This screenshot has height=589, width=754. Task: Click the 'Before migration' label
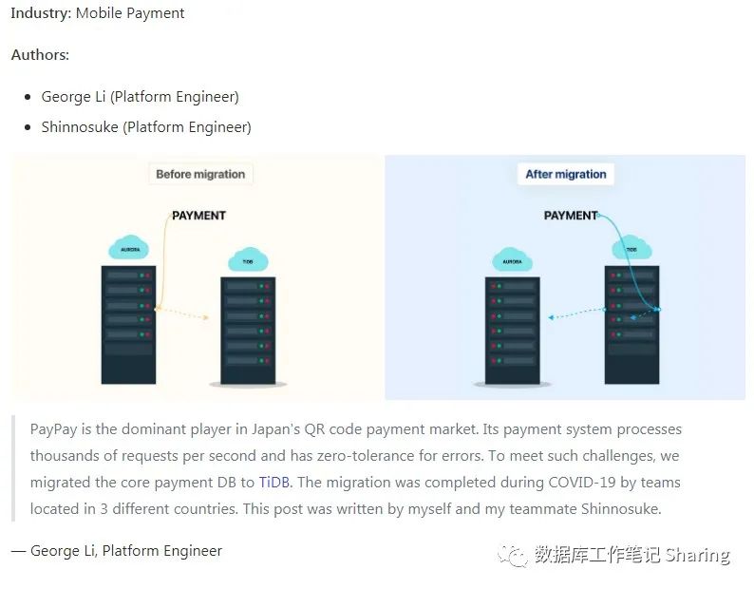(200, 174)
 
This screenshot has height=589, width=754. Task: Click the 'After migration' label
(566, 174)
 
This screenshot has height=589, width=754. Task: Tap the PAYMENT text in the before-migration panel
(198, 216)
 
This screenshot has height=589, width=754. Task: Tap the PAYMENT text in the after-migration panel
(570, 216)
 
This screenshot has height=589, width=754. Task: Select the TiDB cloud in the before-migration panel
(248, 259)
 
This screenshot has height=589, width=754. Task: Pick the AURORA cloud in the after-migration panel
(512, 259)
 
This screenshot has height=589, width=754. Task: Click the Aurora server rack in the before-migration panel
(127, 324)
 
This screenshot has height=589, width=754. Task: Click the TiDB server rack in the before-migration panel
(248, 330)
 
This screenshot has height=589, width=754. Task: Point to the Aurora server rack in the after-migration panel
(512, 330)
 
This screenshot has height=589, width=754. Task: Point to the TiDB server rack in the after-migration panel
(631, 324)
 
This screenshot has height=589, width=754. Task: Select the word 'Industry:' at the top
(41, 13)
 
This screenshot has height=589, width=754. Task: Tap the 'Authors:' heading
(40, 55)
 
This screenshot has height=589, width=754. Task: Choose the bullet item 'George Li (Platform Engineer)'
(140, 97)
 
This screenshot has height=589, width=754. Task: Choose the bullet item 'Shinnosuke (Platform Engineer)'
(146, 127)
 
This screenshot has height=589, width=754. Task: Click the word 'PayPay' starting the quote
(53, 429)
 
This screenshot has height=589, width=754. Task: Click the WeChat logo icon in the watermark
(516, 555)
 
